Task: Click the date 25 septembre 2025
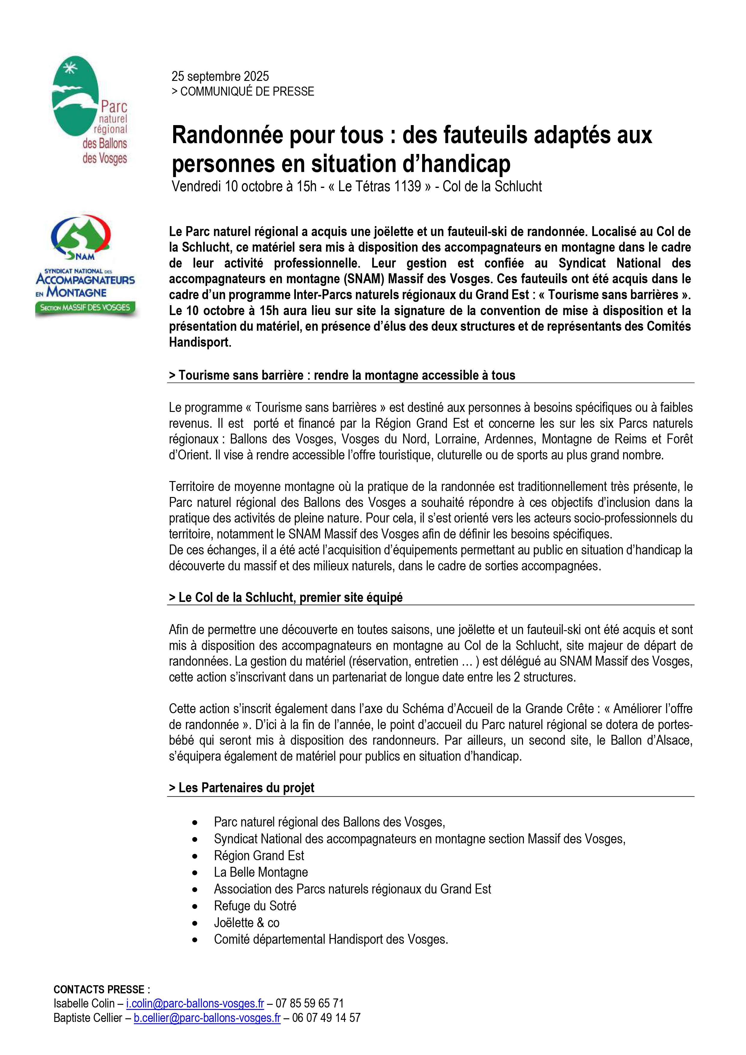pyautogui.click(x=220, y=76)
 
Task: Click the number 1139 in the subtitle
pyautogui.click(x=404, y=186)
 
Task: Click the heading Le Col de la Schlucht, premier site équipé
pyautogui.click(x=285, y=597)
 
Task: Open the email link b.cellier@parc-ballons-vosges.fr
pyautogui.click(x=207, y=1018)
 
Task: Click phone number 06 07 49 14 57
pyautogui.click(x=326, y=1018)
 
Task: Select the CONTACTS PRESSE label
pyautogui.click(x=101, y=989)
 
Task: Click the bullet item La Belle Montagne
pyautogui.click(x=261, y=872)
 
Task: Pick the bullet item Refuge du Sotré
pyautogui.click(x=255, y=906)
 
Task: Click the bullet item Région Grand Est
pyautogui.click(x=259, y=856)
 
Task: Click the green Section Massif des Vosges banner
pyautogui.click(x=85, y=308)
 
